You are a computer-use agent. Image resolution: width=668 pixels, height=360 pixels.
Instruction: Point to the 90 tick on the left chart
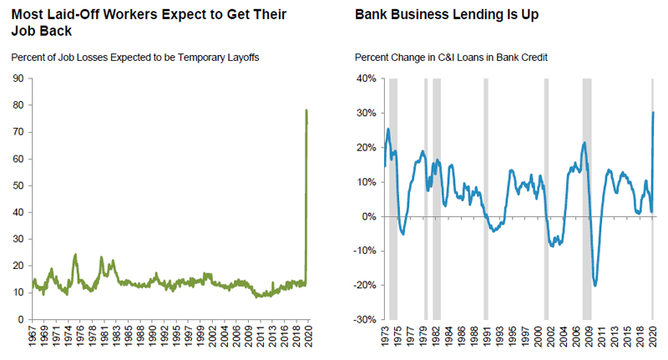tap(16, 79)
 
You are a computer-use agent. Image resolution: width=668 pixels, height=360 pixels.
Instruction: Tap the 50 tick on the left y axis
tap(16, 185)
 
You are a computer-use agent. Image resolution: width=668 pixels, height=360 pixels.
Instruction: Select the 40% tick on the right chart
tap(367, 79)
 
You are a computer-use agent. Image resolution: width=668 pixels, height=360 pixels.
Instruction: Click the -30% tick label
tap(365, 319)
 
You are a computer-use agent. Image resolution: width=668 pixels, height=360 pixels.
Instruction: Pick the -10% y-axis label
tap(365, 251)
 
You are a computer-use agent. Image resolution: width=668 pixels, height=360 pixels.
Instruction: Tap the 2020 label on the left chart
tap(309, 337)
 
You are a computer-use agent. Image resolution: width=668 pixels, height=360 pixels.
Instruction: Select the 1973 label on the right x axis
tap(387, 337)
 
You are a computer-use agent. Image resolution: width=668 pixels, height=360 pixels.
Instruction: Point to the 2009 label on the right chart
tap(589, 337)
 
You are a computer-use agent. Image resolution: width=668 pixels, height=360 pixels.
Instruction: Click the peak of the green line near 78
tap(306, 110)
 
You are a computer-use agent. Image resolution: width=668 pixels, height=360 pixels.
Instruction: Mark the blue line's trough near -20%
tap(595, 285)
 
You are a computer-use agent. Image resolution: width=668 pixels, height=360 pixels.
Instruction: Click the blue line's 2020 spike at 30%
tap(652, 113)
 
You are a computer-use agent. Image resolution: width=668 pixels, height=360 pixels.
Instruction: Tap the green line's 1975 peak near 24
tap(75, 255)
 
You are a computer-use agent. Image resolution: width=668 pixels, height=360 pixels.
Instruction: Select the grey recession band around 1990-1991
tap(485, 199)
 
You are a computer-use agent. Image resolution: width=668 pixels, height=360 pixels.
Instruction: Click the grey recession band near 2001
tap(546, 199)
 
